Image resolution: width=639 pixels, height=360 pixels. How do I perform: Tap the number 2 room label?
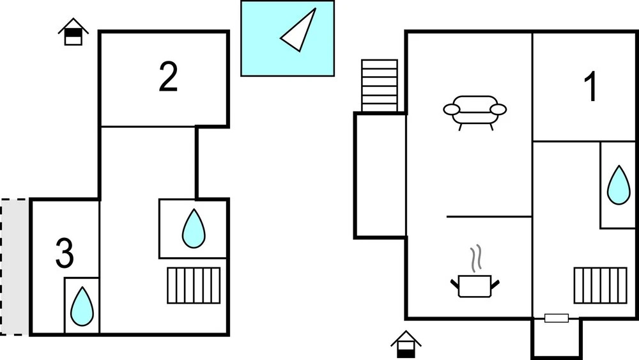tap(167, 77)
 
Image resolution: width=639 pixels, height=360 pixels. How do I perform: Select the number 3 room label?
tap(65, 253)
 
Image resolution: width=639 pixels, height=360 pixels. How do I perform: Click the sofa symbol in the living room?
tap(475, 110)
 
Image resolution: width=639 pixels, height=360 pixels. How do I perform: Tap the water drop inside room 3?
tap(82, 306)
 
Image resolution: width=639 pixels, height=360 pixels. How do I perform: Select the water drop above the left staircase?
tap(193, 228)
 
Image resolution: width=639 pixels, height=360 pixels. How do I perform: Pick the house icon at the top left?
tap(73, 32)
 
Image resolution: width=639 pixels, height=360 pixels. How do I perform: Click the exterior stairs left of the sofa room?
tap(380, 85)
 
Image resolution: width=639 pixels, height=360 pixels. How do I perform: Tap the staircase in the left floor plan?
tap(194, 285)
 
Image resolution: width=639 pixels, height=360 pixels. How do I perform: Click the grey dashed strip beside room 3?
tap(15, 267)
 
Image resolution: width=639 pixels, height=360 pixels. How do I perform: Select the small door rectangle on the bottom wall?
tap(556, 318)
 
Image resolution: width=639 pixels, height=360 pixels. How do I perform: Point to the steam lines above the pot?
tap(475, 259)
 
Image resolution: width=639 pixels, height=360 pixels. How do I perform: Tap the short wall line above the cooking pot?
tap(489, 217)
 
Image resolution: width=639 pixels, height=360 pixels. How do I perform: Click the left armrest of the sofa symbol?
tap(451, 109)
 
